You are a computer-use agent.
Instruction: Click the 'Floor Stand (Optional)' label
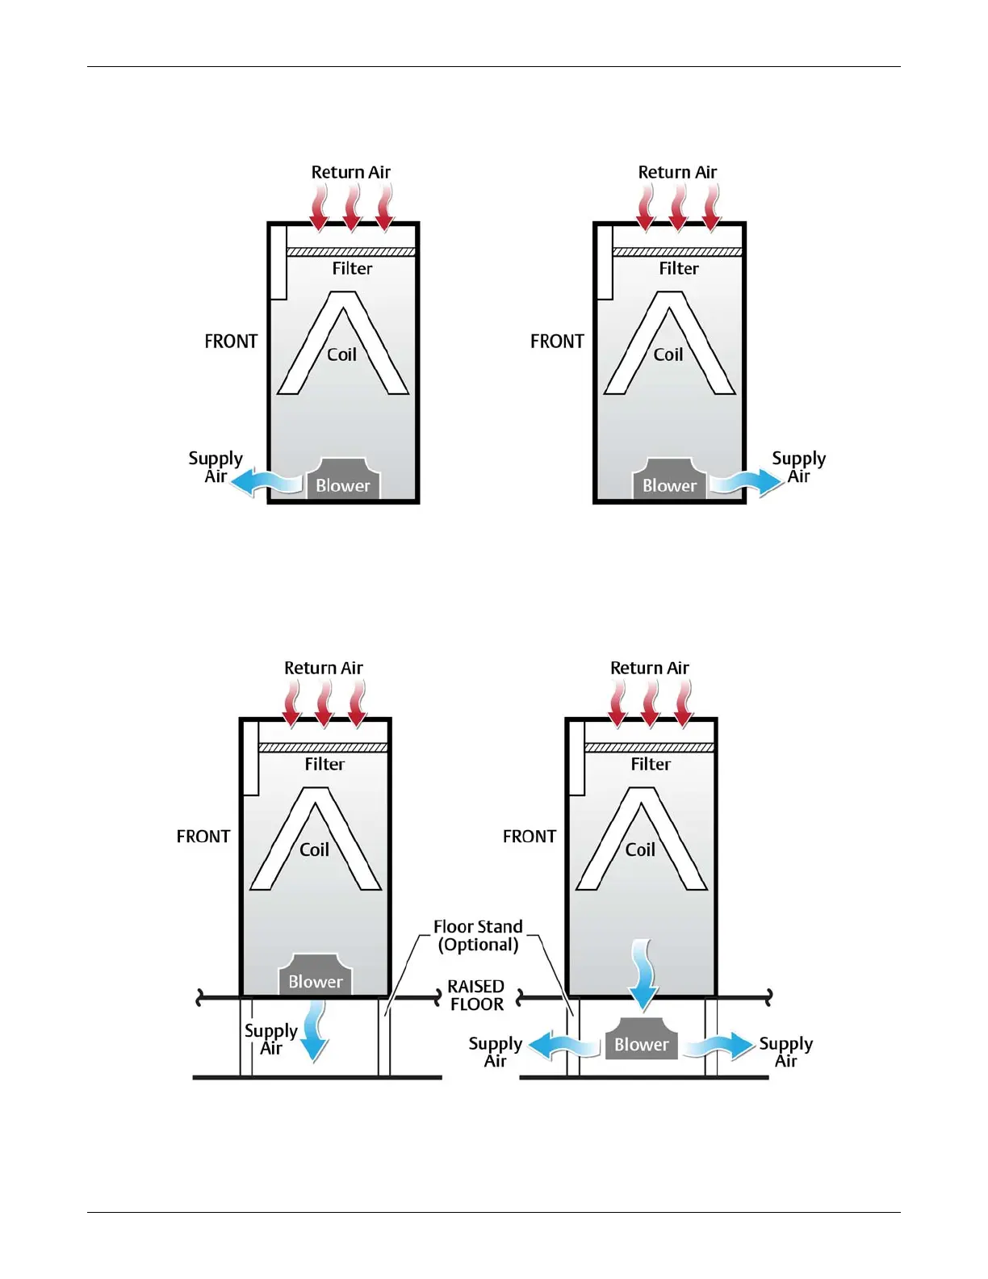pos(478,936)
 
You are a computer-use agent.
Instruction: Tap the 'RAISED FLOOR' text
pos(476,996)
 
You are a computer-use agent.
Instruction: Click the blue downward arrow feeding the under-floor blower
pos(643,974)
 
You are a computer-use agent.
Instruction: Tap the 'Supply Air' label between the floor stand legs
pos(271,1039)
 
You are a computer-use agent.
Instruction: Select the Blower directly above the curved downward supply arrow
pos(316,975)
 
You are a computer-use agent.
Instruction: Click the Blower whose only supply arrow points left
pos(343,480)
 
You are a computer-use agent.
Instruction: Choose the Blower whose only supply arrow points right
pos(669,480)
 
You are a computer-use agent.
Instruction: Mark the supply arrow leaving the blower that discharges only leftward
pos(267,482)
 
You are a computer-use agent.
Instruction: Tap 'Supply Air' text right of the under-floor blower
pos(786,1052)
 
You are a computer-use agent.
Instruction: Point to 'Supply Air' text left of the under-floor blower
pos(496,1052)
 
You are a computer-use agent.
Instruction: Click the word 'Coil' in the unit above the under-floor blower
pos(640,849)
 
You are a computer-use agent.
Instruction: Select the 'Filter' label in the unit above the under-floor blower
pos(651,764)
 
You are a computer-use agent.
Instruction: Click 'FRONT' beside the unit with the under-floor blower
pos(530,837)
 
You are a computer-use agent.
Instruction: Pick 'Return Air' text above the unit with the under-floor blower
pos(650,668)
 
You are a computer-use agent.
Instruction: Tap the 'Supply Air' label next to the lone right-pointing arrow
pos(799,467)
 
